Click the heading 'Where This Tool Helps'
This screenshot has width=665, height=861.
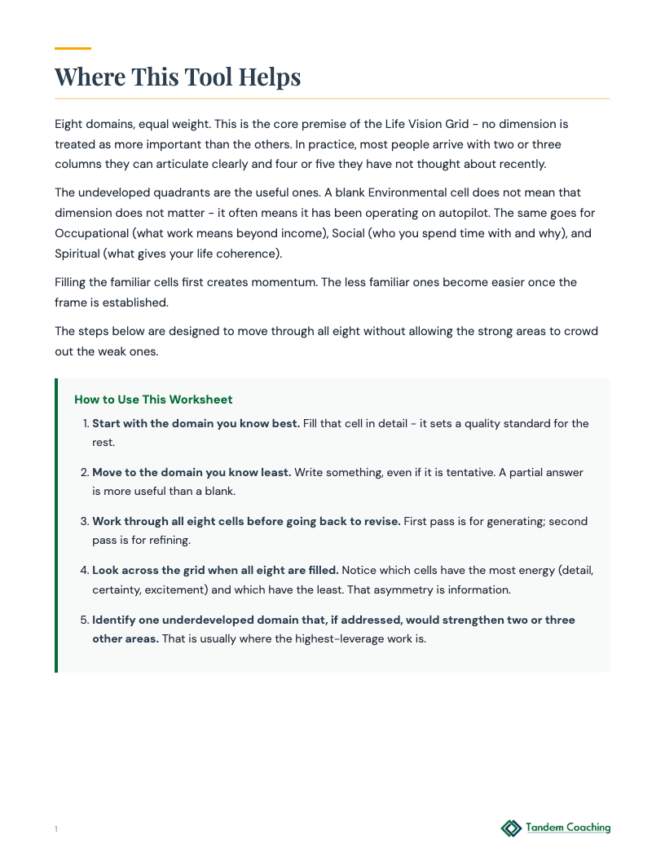[x=178, y=77]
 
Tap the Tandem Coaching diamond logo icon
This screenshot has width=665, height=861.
[x=511, y=828]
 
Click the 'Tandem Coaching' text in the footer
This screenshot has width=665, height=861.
[x=568, y=828]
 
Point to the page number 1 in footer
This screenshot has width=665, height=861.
[x=56, y=829]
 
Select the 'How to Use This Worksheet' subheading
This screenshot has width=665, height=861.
[x=153, y=400]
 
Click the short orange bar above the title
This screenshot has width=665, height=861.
[x=73, y=49]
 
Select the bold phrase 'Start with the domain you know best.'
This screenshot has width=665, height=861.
[x=196, y=423]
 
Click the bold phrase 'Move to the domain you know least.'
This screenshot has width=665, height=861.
[x=192, y=472]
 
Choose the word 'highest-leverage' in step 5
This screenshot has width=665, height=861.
[x=326, y=638]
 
